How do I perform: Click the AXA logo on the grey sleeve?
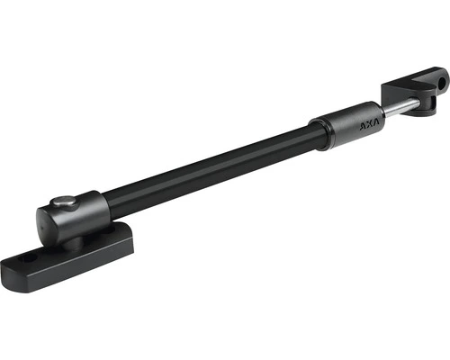(369, 124)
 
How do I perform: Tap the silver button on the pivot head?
(62, 202)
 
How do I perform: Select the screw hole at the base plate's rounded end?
(29, 257)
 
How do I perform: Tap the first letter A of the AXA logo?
(363, 126)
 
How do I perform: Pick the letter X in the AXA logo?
(370, 124)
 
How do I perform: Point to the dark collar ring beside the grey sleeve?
(319, 133)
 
